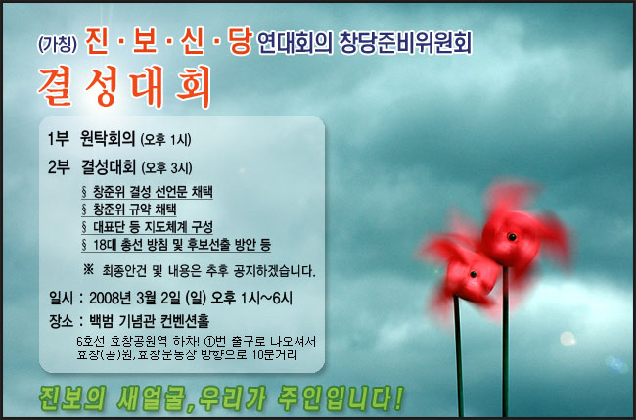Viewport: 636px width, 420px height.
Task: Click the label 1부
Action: (x=59, y=138)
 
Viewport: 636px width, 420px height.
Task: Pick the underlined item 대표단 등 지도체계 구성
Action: (x=154, y=226)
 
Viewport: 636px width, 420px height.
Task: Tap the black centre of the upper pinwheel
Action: (x=510, y=238)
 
